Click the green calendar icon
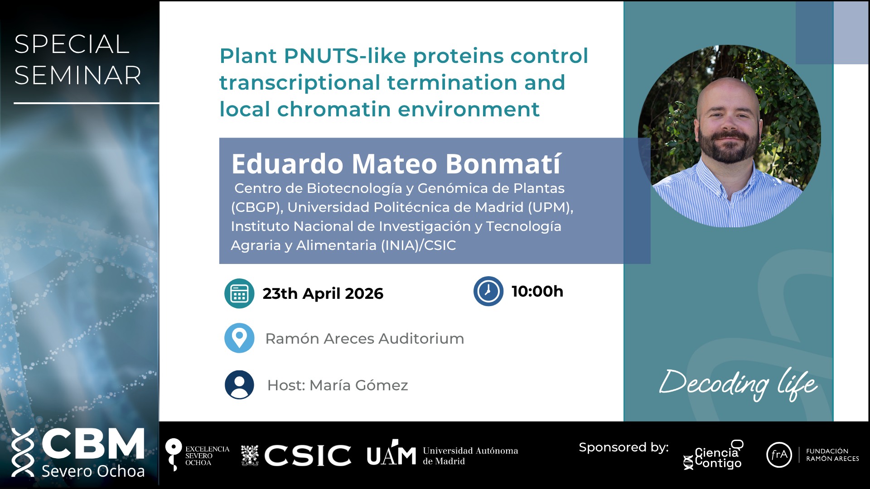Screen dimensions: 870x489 239,293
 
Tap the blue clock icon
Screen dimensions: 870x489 488,291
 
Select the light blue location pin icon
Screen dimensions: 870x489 239,338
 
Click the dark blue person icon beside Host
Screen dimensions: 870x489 239,385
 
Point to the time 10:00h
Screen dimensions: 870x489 537,291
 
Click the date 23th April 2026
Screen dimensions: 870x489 323,294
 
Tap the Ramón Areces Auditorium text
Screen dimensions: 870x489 365,339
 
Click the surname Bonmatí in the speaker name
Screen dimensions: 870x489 503,163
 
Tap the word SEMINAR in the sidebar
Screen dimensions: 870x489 78,75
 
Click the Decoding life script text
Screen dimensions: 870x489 739,384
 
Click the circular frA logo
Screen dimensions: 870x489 779,455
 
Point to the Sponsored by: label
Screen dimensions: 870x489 624,448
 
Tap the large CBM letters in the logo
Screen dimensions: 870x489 93,443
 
